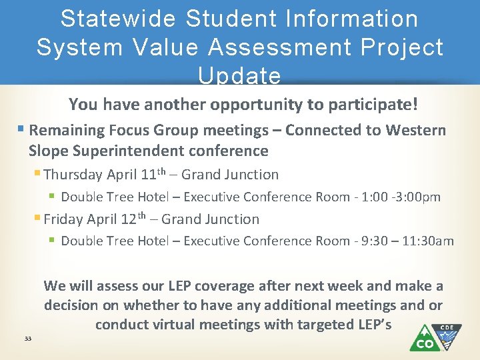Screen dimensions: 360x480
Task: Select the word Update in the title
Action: click(239, 75)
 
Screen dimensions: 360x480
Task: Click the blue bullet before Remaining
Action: click(23, 129)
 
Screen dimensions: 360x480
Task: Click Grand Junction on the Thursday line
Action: click(230, 175)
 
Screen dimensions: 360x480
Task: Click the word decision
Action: click(73, 305)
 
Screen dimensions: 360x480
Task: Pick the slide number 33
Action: click(27, 339)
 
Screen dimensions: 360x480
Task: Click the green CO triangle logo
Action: click(424, 339)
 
